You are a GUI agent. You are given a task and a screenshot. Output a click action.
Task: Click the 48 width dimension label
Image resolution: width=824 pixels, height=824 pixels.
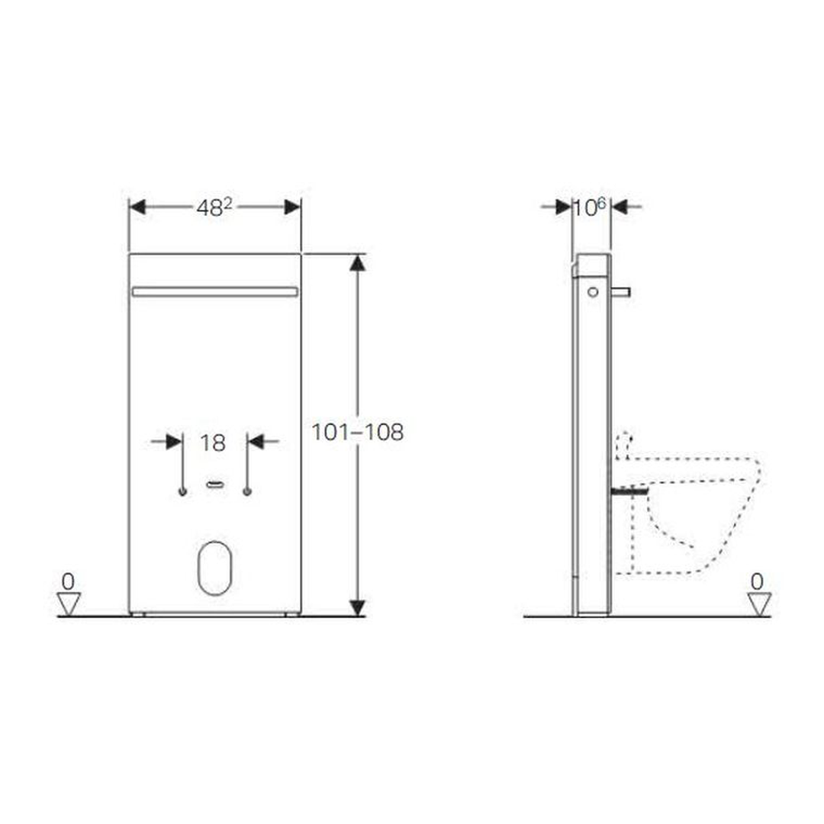point(214,208)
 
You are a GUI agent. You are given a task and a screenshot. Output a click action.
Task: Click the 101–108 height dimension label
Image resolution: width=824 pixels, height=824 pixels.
point(357,433)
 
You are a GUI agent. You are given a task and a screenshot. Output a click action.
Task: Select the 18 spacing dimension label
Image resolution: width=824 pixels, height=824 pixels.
point(213,443)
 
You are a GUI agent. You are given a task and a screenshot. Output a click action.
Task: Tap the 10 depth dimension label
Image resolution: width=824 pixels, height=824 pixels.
point(589,208)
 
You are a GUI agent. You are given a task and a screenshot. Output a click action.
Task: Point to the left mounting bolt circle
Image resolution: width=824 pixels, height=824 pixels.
point(182,492)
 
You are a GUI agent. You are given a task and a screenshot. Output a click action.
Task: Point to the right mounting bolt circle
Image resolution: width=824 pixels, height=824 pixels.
point(247,492)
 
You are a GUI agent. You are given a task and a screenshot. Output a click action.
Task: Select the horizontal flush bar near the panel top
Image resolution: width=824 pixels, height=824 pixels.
point(215,291)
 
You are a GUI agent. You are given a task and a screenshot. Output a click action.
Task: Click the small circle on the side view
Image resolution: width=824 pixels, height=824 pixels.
point(593,292)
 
